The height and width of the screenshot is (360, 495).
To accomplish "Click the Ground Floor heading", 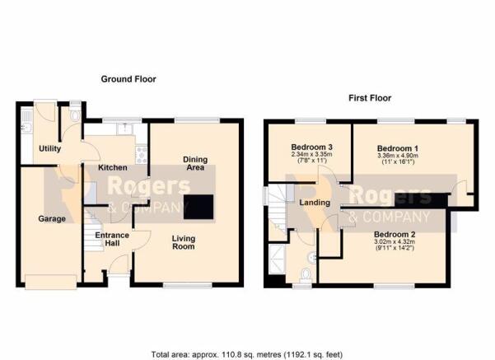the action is click(x=128, y=79).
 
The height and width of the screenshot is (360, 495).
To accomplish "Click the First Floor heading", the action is click(x=370, y=98).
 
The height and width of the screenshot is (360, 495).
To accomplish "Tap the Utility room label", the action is click(x=50, y=148).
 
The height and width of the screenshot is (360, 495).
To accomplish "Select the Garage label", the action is click(x=52, y=218).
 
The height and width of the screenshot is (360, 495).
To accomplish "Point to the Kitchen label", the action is click(x=113, y=167).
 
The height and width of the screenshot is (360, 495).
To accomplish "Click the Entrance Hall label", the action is click(x=112, y=239).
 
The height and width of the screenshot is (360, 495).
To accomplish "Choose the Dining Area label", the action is click(x=195, y=163).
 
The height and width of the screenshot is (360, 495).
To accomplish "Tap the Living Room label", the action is click(x=184, y=242).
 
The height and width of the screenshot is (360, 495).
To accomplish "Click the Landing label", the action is click(x=315, y=203).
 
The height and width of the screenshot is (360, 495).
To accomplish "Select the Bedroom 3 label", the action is click(x=311, y=147).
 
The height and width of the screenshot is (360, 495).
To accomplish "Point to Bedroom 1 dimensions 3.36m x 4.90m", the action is click(x=398, y=156).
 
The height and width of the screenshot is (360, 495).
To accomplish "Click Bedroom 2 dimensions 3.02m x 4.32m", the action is click(x=395, y=241).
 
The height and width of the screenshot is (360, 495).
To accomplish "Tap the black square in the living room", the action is click(x=198, y=207).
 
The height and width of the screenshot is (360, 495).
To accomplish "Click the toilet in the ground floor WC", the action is click(x=76, y=115).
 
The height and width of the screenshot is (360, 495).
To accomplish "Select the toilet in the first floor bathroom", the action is click(x=306, y=274).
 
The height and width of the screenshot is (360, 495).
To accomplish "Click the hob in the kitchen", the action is click(x=142, y=154).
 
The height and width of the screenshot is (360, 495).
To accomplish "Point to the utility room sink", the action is click(x=26, y=127).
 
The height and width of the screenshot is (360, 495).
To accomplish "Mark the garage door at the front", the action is click(x=51, y=282).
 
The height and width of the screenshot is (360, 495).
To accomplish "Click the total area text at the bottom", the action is click(x=247, y=354).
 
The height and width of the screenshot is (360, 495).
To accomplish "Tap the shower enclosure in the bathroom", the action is click(x=277, y=258).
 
